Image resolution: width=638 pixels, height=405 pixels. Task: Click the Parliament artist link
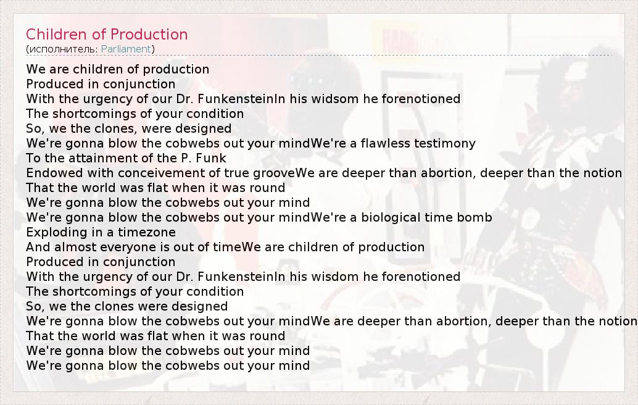126,49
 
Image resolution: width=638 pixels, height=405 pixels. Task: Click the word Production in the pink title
149,34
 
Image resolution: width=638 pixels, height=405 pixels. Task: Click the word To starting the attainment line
33,158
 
